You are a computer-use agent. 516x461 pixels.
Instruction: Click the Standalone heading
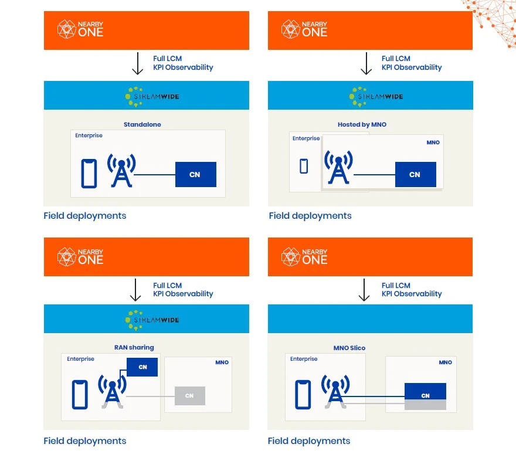coord(142,124)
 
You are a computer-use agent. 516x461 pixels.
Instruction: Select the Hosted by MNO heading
coord(362,124)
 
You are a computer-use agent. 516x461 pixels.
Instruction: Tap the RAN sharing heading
coord(134,347)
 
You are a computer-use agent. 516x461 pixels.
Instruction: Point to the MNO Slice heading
coord(349,348)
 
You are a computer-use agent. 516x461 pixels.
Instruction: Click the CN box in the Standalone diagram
coord(196,174)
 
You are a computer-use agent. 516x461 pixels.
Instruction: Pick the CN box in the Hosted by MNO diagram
coord(416,174)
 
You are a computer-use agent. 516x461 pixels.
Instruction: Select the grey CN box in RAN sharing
coord(190,396)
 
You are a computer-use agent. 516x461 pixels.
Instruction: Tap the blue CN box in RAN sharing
coord(142,367)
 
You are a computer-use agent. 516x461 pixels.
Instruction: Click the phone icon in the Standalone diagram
coord(89,174)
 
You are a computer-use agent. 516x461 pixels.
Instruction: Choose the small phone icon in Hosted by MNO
coord(304,166)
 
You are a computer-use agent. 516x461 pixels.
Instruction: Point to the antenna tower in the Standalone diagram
coord(121,171)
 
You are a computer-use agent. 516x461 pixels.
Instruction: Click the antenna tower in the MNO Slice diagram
coord(335,392)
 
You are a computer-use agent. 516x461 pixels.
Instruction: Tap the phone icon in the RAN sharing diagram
coord(80,395)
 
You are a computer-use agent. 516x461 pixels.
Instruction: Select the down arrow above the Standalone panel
coord(138,63)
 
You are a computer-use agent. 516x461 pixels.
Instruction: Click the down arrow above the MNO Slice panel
coord(364,290)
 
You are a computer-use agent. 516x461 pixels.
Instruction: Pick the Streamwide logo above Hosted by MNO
coord(376,97)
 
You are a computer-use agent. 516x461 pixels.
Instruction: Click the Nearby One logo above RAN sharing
coord(80,257)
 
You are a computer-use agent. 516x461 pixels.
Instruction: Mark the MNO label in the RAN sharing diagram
coord(222,362)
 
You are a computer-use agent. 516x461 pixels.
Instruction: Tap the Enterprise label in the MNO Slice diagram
coord(304,359)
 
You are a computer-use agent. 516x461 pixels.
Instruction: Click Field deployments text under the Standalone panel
coord(85,216)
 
